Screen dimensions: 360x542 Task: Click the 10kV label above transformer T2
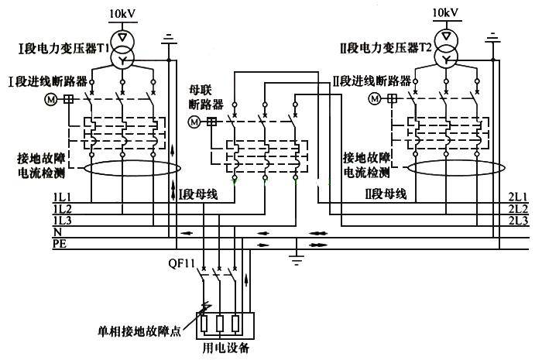[x=445, y=13]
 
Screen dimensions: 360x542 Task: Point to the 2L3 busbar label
[x=518, y=221]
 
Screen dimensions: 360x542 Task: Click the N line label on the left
[x=57, y=231]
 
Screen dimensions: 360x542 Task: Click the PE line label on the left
[x=59, y=243]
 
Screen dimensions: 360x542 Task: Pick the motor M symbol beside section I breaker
[x=51, y=99]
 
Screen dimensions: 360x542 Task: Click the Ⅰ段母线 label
[x=197, y=194]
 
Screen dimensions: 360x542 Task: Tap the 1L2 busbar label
[x=62, y=209]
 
